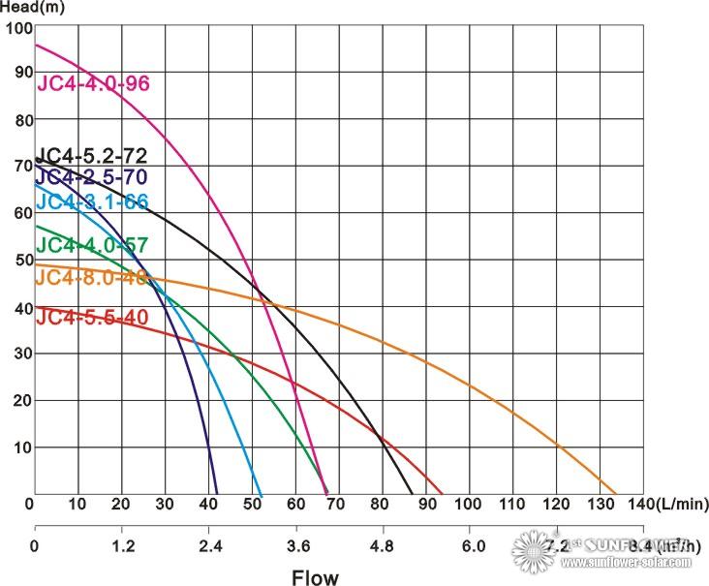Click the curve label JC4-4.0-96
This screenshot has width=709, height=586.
pyautogui.click(x=93, y=82)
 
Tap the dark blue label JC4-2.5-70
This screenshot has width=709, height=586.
pyautogui.click(x=91, y=177)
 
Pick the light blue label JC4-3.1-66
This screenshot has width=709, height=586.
pyautogui.click(x=91, y=201)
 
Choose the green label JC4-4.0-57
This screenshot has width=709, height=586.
pyautogui.click(x=91, y=245)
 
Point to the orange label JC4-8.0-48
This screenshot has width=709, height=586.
pyautogui.click(x=91, y=277)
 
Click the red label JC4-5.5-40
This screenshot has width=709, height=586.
pyautogui.click(x=91, y=317)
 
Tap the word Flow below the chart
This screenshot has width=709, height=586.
pyautogui.click(x=316, y=578)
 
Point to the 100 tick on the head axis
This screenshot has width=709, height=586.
pyautogui.click(x=18, y=27)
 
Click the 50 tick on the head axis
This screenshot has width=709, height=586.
pyautogui.click(x=21, y=261)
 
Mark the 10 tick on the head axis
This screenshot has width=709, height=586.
pyautogui.click(x=21, y=447)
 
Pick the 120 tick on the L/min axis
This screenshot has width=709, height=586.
pyautogui.click(x=556, y=505)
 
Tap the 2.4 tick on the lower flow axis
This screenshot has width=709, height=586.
pyautogui.click(x=210, y=545)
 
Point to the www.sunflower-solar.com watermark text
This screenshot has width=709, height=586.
pyautogui.click(x=627, y=563)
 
